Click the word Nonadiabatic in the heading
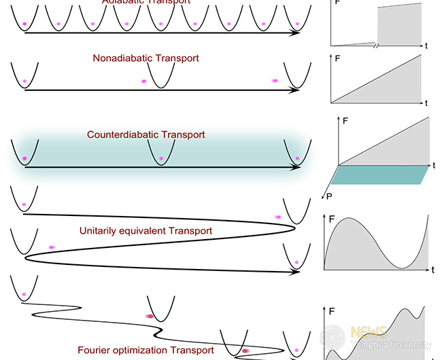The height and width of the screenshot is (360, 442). (122, 58)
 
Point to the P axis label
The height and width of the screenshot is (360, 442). (328, 197)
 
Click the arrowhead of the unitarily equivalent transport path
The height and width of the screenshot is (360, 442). (297, 272)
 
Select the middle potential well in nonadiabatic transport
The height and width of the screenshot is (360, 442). (161, 75)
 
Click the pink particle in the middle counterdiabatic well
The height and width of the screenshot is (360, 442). (161, 158)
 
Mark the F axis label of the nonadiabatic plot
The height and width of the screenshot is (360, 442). (336, 60)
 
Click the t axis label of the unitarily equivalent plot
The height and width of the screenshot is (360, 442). (432, 270)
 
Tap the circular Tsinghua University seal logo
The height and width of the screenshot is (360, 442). (333, 338)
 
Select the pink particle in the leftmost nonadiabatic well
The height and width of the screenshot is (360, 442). (24, 82)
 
